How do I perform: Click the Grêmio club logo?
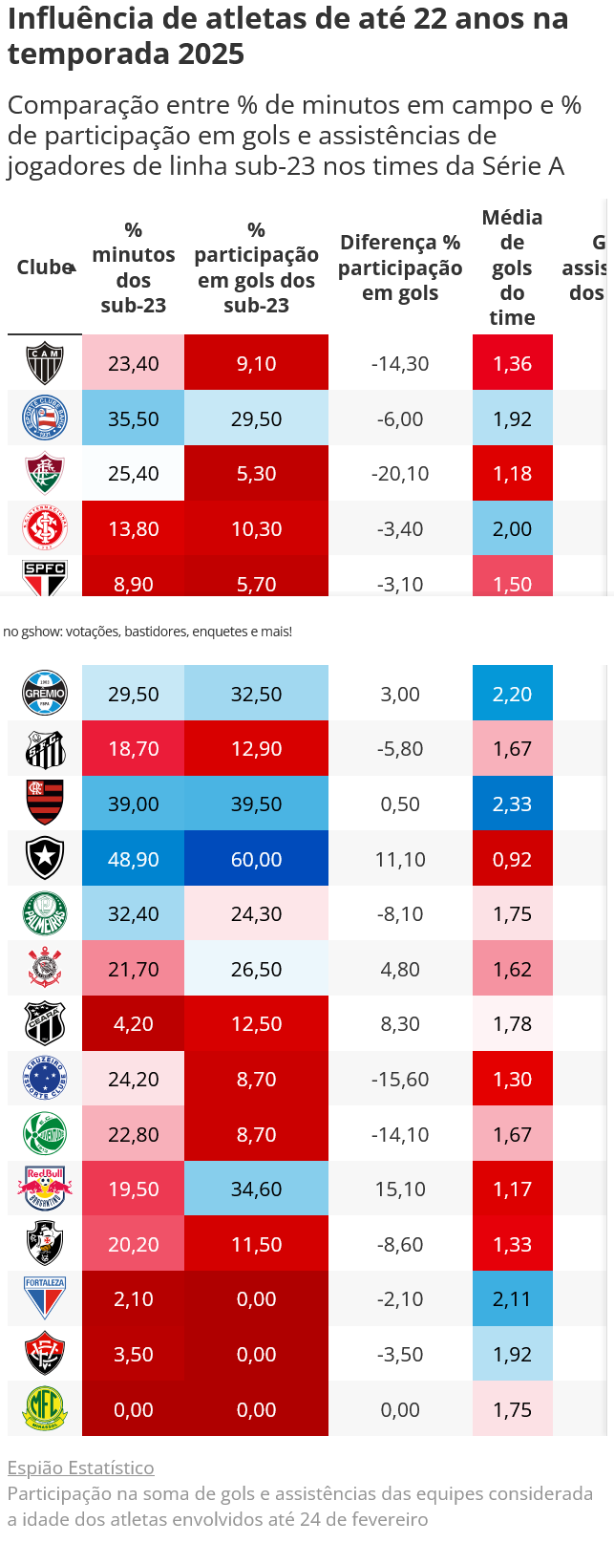(45, 694)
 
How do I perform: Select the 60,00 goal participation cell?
(256, 859)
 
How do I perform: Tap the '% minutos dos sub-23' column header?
(134, 268)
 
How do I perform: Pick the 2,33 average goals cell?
(512, 804)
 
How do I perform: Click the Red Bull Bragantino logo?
(45, 1189)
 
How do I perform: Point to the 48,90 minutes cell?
(134, 859)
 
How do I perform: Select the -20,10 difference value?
(400, 473)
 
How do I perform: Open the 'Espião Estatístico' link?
(80, 1468)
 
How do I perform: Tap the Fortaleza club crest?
(45, 1298)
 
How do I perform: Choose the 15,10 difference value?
(400, 1189)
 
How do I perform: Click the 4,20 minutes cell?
(134, 1023)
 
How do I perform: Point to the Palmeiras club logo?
(45, 913)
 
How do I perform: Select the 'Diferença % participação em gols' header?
(400, 268)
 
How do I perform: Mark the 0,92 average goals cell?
(512, 859)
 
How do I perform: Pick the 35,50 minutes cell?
(134, 418)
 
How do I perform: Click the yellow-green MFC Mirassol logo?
(45, 1408)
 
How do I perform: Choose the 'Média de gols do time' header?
(512, 268)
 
